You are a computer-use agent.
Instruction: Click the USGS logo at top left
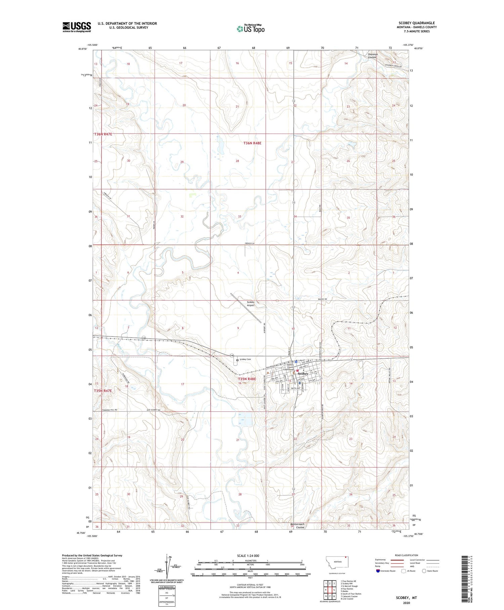77,27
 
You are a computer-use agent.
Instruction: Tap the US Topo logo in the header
250,29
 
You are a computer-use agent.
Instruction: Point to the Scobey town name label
303,374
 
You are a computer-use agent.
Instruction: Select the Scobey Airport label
251,303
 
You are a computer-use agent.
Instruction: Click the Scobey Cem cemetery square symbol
237,360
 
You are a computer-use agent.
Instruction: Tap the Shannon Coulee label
373,56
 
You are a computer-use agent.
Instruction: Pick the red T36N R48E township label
252,143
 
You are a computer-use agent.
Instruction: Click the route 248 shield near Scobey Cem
232,355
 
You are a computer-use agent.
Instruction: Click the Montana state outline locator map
337,562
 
